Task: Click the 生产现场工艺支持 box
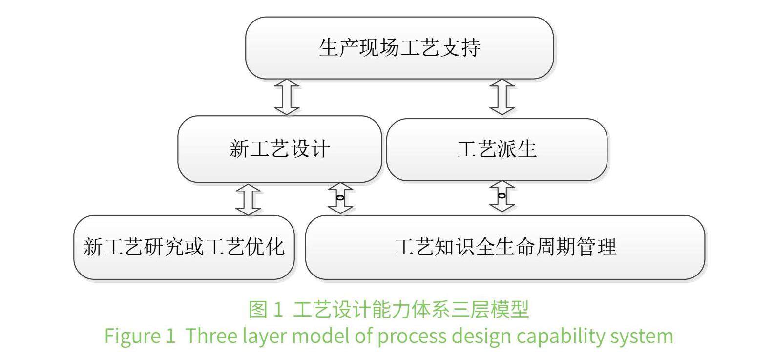pyautogui.click(x=399, y=48)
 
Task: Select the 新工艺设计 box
pyautogui.click(x=279, y=149)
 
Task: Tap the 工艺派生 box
pyautogui.click(x=497, y=149)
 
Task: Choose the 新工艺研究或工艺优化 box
pyautogui.click(x=184, y=247)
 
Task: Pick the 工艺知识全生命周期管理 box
pyautogui.click(x=505, y=247)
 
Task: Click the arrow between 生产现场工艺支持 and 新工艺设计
pyautogui.click(x=287, y=97)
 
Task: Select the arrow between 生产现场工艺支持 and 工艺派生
pyautogui.click(x=502, y=97)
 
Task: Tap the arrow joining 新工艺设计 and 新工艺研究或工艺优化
pyautogui.click(x=248, y=199)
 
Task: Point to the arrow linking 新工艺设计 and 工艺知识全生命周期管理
pyautogui.click(x=340, y=198)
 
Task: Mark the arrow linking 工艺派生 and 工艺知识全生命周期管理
pyautogui.click(x=502, y=196)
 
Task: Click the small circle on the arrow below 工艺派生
pyautogui.click(x=502, y=196)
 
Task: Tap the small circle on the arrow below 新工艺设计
pyautogui.click(x=340, y=198)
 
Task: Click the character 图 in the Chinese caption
pyautogui.click(x=258, y=309)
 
